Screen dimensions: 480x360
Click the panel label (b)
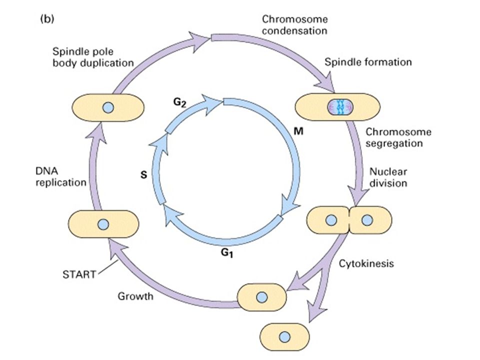point(47,18)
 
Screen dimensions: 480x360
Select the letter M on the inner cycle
point(298,131)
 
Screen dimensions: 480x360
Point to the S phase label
point(143,174)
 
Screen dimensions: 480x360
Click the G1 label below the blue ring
point(227,253)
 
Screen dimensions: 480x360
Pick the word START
point(79,274)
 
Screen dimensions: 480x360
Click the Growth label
point(135,296)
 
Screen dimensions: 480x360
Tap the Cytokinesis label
point(366,263)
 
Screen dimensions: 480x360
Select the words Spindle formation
point(368,62)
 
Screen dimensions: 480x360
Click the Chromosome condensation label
point(295,25)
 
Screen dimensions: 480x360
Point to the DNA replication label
point(60,176)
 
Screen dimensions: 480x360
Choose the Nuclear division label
point(388,177)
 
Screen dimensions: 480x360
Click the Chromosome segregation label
point(398,137)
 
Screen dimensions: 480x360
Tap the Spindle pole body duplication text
point(93,57)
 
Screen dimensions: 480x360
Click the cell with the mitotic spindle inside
point(337,107)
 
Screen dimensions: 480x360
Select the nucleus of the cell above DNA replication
point(108,108)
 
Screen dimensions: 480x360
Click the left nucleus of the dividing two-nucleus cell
point(331,220)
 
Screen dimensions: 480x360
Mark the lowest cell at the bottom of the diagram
point(284,337)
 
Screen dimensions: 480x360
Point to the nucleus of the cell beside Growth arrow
point(261,297)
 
